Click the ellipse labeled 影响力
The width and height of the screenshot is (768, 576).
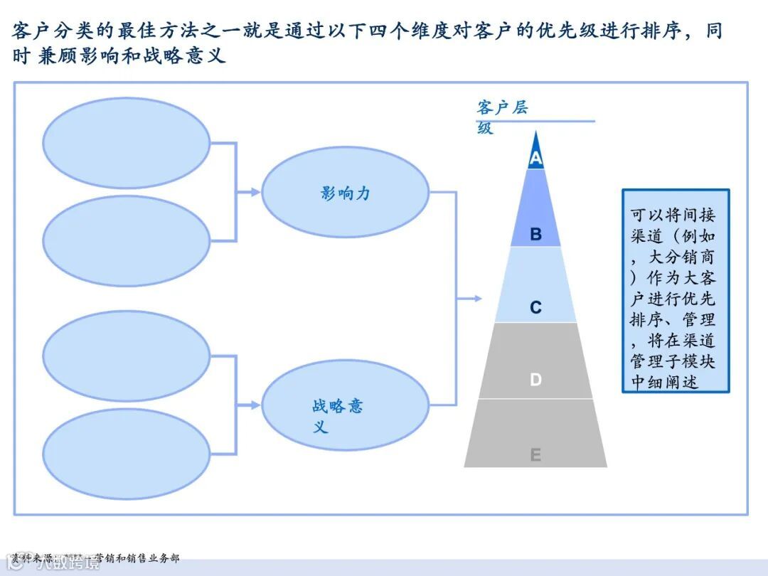tap(346, 192)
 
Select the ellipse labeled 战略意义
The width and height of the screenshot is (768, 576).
tap(346, 405)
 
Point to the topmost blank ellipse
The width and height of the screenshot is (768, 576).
tap(127, 143)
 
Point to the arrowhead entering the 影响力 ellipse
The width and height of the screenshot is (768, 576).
tap(256, 192)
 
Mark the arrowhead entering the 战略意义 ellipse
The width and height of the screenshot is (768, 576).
tap(256, 405)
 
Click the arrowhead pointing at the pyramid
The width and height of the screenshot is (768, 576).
tap(478, 299)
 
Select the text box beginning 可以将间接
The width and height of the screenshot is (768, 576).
tap(676, 291)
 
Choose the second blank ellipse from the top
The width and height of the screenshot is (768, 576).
tap(127, 240)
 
